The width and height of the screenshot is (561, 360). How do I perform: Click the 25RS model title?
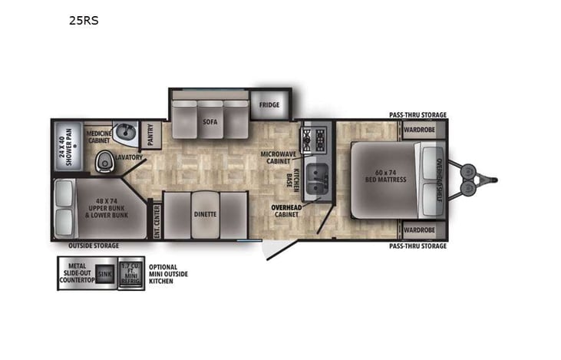click(84, 21)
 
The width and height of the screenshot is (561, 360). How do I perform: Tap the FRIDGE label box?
click(269, 104)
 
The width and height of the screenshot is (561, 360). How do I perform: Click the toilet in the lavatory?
click(104, 161)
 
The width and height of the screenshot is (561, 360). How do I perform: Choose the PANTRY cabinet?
click(150, 136)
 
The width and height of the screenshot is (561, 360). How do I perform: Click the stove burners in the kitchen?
click(315, 137)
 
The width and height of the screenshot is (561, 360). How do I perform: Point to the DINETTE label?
click(205, 214)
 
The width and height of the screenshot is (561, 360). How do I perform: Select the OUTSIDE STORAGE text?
click(94, 246)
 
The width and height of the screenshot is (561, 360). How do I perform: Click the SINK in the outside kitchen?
click(104, 272)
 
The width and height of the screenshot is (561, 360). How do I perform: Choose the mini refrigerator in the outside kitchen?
click(131, 272)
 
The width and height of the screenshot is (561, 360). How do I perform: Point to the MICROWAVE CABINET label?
click(276, 159)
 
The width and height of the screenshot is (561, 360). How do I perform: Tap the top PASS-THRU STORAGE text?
click(417, 115)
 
